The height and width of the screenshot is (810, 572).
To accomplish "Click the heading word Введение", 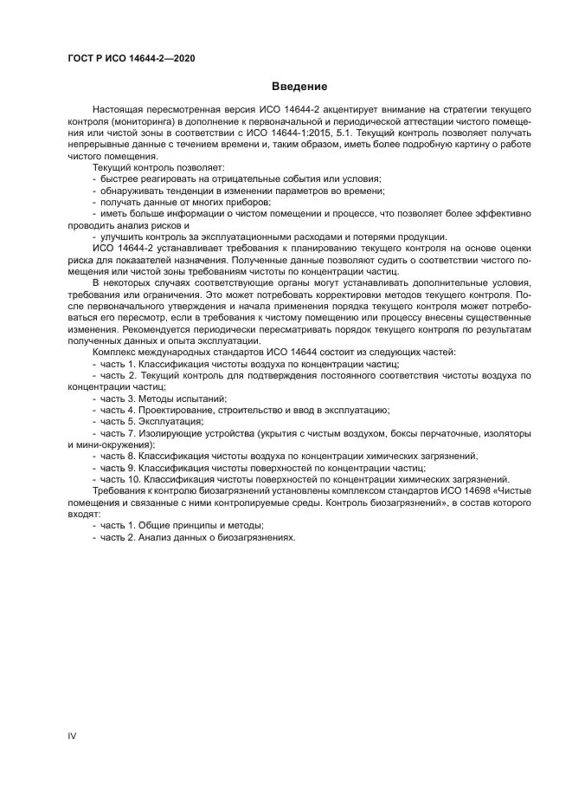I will coord(299,87).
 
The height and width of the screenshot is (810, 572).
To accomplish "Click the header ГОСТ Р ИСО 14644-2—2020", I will coord(130,57).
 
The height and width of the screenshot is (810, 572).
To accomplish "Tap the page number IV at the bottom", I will coord(73,735).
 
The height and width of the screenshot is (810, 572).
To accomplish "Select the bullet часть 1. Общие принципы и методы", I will coord(182,525).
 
